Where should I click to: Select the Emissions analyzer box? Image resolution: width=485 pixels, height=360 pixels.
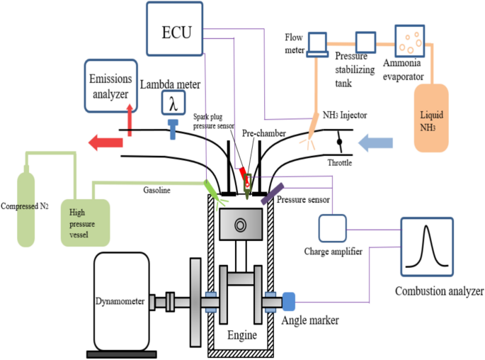coord(111,86)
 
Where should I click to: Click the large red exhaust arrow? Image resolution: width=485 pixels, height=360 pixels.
coord(104,143)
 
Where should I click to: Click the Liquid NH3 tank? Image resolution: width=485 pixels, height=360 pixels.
coord(433,118)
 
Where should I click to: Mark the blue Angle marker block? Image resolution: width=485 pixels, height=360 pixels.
coord(289,302)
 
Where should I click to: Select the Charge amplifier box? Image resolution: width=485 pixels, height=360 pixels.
coord(331,227)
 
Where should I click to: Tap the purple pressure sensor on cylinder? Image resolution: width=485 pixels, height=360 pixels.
coord(270,193)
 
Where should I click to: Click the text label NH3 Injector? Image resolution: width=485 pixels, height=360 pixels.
coord(344,116)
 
